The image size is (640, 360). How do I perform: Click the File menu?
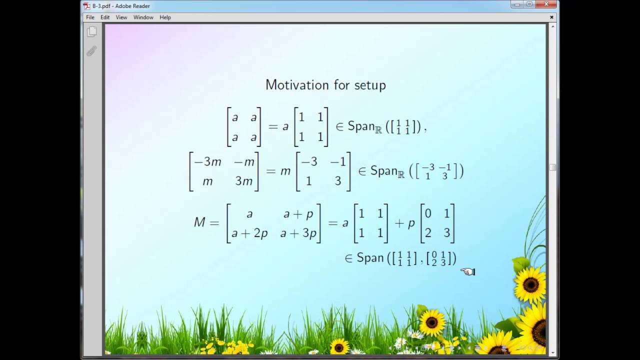click(x=90, y=17)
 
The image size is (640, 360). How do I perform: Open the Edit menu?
click(x=105, y=17)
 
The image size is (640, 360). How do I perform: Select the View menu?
click(x=121, y=17)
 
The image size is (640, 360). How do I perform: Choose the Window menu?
click(x=143, y=17)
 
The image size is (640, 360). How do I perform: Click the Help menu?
click(x=165, y=17)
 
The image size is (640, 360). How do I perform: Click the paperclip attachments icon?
click(x=91, y=51)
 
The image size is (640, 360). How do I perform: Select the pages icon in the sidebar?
click(x=91, y=32)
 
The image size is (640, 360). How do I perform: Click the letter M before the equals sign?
click(x=199, y=222)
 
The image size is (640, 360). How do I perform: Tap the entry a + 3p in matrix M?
click(x=298, y=233)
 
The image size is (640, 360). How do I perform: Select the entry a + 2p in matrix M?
click(x=249, y=233)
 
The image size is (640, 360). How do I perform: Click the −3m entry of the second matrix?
click(x=207, y=162)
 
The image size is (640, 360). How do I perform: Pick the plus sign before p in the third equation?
click(x=399, y=223)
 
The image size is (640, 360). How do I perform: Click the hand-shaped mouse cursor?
click(x=467, y=271)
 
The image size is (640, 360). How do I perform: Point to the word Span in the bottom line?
click(x=370, y=258)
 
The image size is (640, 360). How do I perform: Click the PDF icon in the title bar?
click(x=86, y=6)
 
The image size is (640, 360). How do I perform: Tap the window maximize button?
click(x=529, y=4)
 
